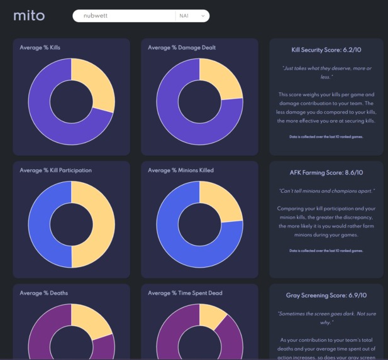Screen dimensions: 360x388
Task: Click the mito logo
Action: point(29,16)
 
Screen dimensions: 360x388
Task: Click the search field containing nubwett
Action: point(123,16)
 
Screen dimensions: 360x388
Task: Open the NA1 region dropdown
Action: point(192,16)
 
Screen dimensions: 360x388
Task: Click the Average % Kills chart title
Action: point(40,48)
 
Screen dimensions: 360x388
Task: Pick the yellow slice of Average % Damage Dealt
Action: point(223,83)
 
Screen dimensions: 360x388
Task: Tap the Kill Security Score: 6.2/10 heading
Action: point(326,50)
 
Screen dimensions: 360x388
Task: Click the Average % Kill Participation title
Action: point(55,170)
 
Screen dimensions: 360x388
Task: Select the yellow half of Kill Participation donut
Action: point(101,225)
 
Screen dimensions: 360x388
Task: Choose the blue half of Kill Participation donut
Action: point(42,225)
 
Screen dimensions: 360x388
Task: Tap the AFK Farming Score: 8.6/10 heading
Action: point(326,172)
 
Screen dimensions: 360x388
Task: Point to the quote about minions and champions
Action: point(326,190)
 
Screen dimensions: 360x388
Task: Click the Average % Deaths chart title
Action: point(44,293)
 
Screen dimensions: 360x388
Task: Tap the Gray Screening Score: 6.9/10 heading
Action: point(326,295)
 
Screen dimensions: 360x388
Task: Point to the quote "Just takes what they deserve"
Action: point(326,72)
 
